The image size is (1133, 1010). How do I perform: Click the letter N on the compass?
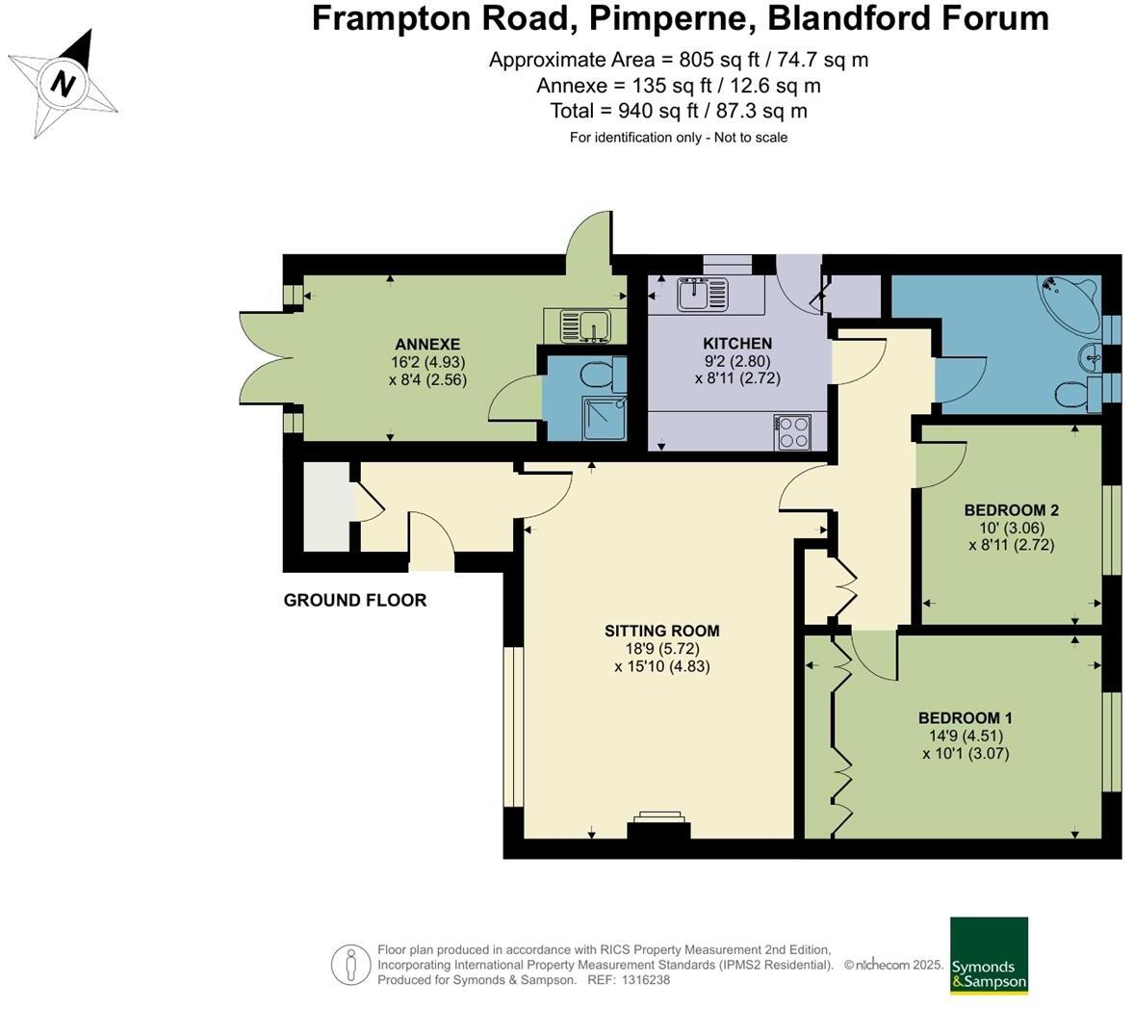(x=64, y=83)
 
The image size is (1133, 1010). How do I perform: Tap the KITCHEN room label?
(x=737, y=344)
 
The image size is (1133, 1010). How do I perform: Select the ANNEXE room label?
(x=427, y=344)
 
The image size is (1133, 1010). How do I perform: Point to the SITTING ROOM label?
(x=662, y=632)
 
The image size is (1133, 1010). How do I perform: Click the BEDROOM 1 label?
(x=965, y=718)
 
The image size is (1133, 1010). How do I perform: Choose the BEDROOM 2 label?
(x=1011, y=510)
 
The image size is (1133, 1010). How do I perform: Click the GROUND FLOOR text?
(x=355, y=600)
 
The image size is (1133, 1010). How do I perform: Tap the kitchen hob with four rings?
(x=792, y=431)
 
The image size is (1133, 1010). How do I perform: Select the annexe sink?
(x=584, y=326)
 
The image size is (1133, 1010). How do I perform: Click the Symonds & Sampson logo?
(x=989, y=956)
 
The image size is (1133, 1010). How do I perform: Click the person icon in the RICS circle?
(x=351, y=964)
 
